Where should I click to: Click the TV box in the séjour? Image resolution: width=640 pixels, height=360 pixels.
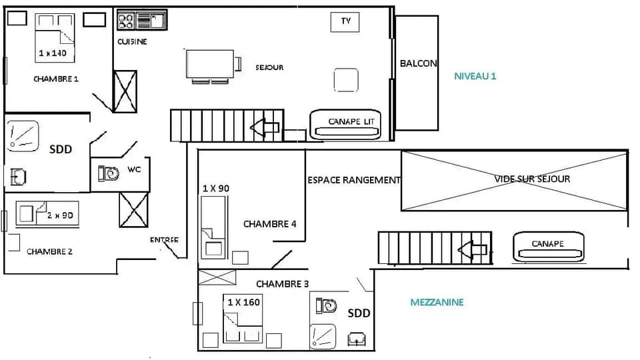[345, 21]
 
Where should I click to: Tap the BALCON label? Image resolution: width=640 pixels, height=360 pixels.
[418, 63]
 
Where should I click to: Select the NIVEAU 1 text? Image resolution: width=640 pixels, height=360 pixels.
[475, 76]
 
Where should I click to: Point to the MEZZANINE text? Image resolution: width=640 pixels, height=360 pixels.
[436, 302]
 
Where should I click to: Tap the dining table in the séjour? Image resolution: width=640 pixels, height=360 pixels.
[211, 65]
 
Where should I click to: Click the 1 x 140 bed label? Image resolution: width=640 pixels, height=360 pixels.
[53, 53]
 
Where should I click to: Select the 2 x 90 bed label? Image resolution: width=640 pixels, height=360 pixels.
[59, 215]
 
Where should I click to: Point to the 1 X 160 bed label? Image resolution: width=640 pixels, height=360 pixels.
[243, 302]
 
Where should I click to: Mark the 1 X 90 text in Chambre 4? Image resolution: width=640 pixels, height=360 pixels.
[215, 189]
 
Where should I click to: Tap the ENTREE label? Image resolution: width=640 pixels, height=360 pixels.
[164, 240]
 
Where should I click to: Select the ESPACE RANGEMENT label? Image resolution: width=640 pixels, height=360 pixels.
[353, 180]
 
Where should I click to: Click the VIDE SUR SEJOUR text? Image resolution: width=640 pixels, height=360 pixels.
[532, 179]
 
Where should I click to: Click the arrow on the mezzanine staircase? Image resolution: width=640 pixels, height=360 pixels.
[472, 250]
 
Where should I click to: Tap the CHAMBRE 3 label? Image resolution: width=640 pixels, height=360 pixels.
[282, 284]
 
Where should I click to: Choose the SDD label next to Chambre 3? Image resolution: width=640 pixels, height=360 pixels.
[359, 313]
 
